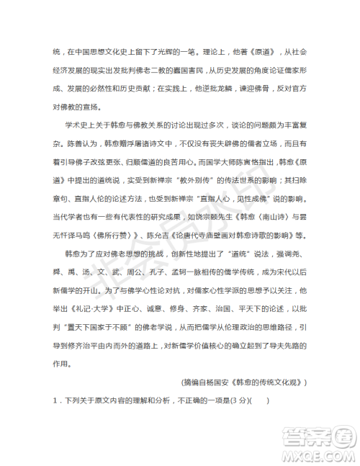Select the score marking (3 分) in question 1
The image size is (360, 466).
[x=230, y=421]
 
